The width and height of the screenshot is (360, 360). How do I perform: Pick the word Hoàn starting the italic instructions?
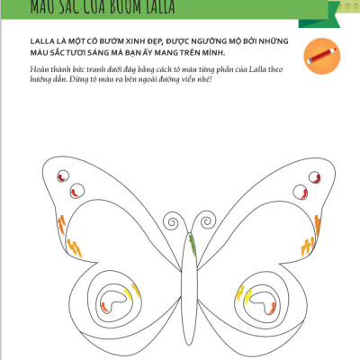point(40,69)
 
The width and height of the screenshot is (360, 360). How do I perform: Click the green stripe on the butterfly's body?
point(192,242)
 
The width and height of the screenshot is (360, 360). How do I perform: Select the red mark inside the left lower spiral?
point(106,307)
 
